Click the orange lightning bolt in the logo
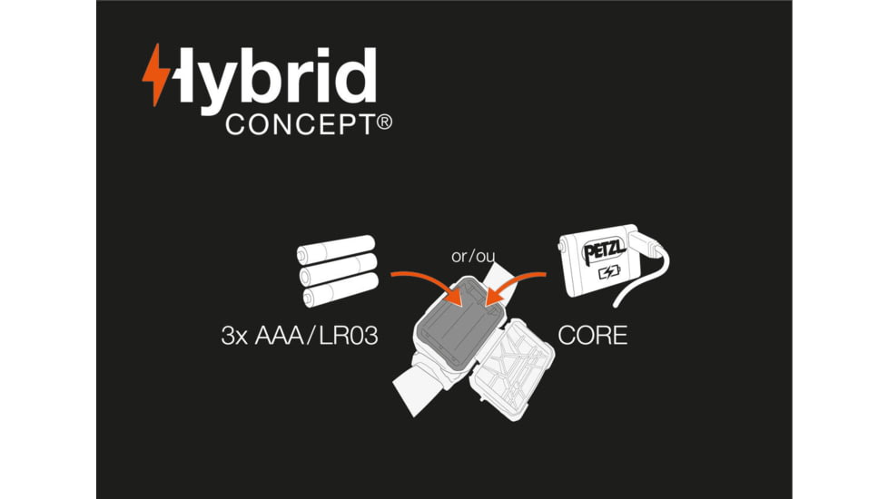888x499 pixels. (155, 74)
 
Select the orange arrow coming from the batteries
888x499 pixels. (422, 280)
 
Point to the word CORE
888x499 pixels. (592, 336)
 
